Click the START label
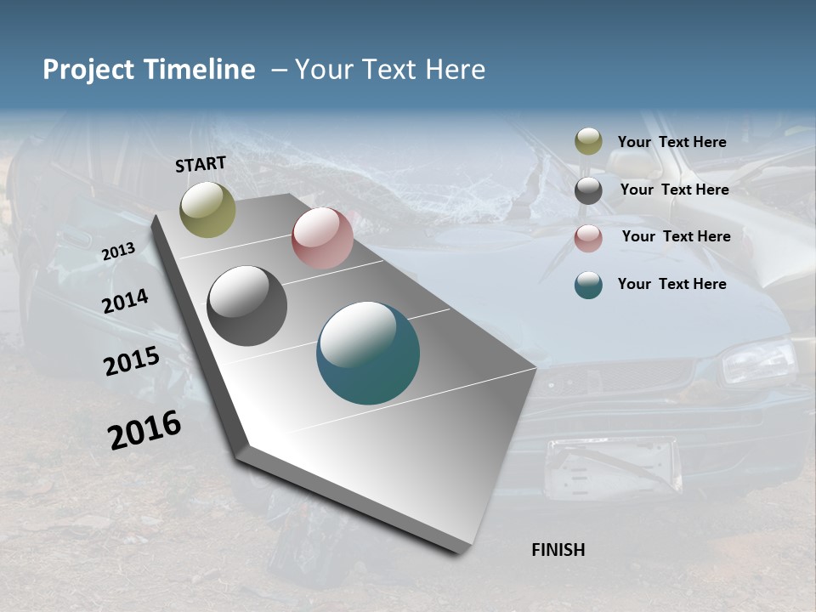(201, 164)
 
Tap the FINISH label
(558, 550)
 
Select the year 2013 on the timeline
(118, 252)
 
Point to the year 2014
(125, 302)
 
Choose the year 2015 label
(132, 361)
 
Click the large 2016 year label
(144, 429)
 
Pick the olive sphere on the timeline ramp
(207, 210)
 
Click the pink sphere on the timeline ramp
(322, 238)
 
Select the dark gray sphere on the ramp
(247, 306)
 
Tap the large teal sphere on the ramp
(368, 353)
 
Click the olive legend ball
(588, 142)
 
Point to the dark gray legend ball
(588, 190)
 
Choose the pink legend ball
(588, 238)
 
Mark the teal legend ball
(588, 285)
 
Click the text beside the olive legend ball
(671, 142)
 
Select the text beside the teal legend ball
(671, 284)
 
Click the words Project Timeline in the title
(149, 70)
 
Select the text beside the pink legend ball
(676, 236)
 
